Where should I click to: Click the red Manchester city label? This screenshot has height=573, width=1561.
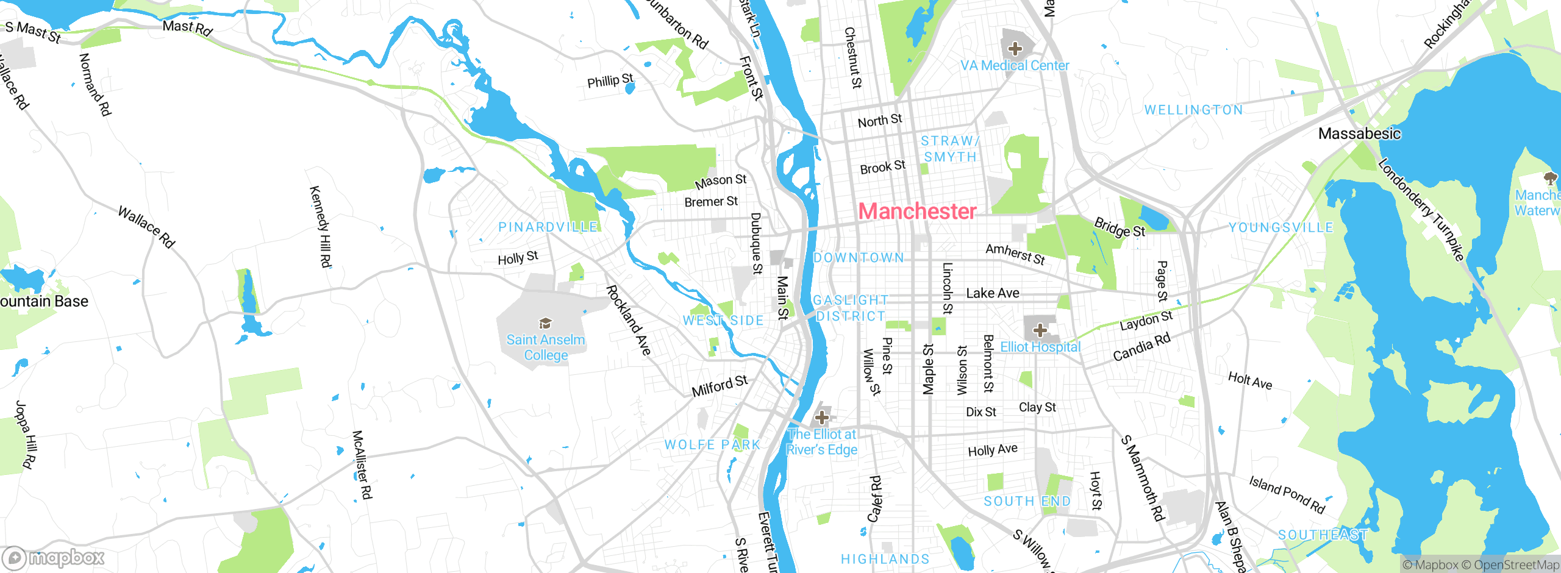pyautogui.click(x=917, y=212)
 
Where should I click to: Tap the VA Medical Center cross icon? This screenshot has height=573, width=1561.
pyautogui.click(x=1015, y=49)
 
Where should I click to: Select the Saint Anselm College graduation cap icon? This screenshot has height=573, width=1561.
pyautogui.click(x=545, y=323)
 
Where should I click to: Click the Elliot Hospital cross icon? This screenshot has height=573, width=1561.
pyautogui.click(x=1040, y=330)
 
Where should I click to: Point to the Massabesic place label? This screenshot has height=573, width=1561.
pyautogui.click(x=1359, y=133)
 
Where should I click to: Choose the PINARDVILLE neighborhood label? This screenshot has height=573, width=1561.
pyautogui.click(x=548, y=227)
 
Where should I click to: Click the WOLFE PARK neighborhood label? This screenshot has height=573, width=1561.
pyautogui.click(x=712, y=445)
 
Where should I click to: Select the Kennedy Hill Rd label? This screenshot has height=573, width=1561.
pyautogui.click(x=321, y=227)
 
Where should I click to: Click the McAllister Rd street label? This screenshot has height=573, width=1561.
pyautogui.click(x=362, y=464)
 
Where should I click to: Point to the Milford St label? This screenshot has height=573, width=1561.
pyautogui.click(x=720, y=386)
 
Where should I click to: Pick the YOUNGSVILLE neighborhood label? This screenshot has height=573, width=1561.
pyautogui.click(x=1281, y=228)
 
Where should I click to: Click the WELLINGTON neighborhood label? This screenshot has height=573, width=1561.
pyautogui.click(x=1193, y=110)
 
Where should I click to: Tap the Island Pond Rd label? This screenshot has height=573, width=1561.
pyautogui.click(x=1287, y=494)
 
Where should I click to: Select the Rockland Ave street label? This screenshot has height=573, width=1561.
pyautogui.click(x=629, y=320)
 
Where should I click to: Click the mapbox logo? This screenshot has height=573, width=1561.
pyautogui.click(x=54, y=558)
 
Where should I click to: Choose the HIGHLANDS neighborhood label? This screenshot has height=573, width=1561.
pyautogui.click(x=885, y=559)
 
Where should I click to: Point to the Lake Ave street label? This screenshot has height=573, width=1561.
pyautogui.click(x=992, y=293)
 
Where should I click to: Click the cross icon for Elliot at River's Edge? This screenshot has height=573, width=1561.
pyautogui.click(x=822, y=417)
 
